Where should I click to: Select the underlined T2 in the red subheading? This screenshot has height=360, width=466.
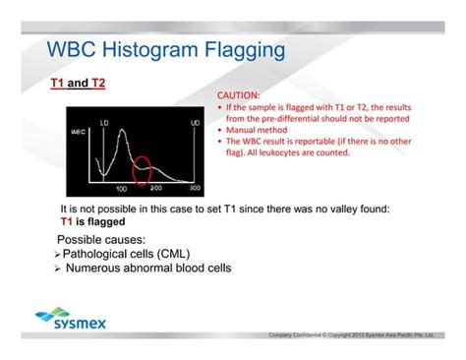click(97, 84)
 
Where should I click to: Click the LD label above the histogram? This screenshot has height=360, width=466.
click(106, 120)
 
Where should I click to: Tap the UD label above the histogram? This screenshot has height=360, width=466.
click(195, 120)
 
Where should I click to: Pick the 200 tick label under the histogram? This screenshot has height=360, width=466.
click(155, 188)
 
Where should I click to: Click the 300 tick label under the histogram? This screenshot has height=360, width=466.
click(195, 188)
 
